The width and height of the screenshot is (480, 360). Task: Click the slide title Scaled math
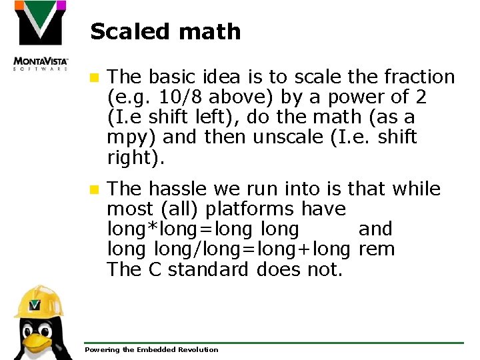165,31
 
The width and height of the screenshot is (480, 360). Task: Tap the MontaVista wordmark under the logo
41,63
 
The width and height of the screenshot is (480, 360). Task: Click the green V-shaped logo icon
40,23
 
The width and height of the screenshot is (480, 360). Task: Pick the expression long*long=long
179,229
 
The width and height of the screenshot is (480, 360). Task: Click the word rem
377,249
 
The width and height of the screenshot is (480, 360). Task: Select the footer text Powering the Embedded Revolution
151,349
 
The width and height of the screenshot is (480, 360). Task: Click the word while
417,189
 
